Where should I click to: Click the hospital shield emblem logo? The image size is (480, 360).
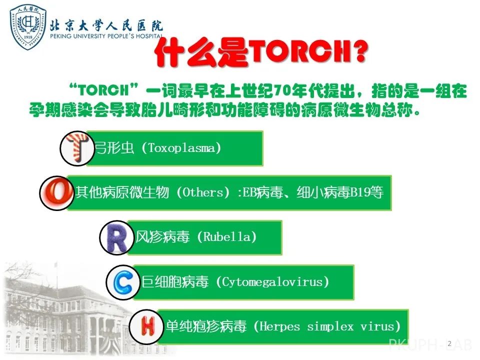point(28,27)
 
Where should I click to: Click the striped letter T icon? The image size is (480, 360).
point(77,147)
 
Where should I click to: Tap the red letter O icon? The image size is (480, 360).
point(56,193)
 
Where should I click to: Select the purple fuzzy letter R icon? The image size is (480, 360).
point(116,237)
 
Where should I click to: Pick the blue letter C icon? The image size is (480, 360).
point(123,282)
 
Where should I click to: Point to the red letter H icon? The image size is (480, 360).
point(147,326)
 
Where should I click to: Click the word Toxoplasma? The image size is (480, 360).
point(181,148)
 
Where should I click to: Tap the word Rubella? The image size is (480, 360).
point(227,237)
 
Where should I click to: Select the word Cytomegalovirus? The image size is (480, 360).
point(272,282)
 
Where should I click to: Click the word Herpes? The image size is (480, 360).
point(279,326)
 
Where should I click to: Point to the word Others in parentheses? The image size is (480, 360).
point(203,192)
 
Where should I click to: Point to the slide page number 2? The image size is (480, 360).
point(449,343)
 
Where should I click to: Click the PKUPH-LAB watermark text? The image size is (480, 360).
point(429,344)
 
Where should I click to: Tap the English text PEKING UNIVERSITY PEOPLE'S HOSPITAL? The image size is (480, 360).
point(106,36)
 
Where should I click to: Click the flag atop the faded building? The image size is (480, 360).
point(55,264)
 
